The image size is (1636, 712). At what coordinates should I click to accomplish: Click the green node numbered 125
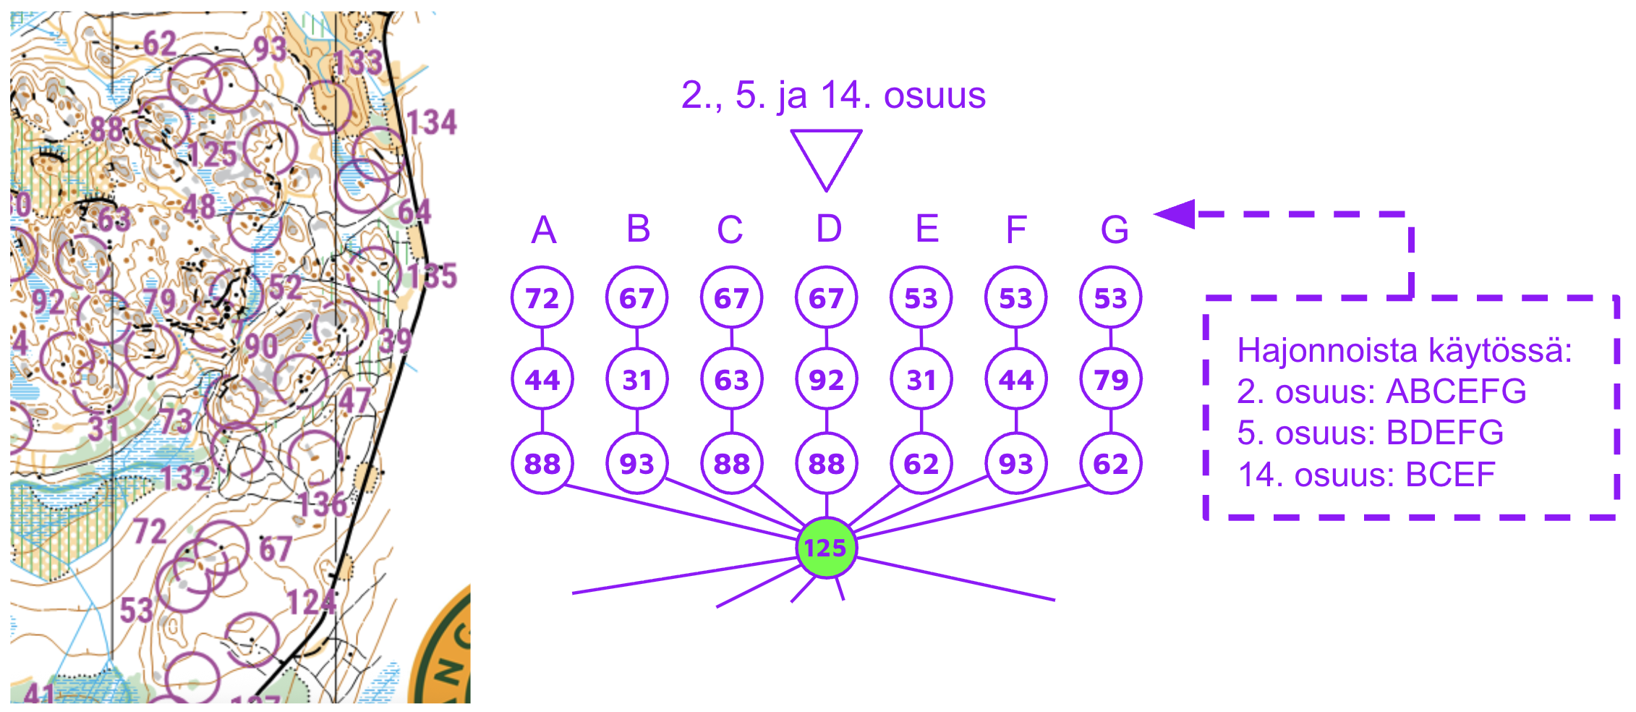click(826, 548)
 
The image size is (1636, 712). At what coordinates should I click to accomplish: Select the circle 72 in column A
click(542, 297)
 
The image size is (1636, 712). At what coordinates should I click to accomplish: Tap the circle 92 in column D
click(826, 379)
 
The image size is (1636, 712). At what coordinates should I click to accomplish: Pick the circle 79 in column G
click(1110, 379)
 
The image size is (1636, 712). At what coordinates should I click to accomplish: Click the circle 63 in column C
click(731, 379)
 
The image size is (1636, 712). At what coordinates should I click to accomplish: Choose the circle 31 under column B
click(637, 379)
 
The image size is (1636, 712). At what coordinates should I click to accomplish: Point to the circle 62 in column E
click(921, 463)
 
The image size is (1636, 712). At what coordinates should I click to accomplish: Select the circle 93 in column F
click(1015, 463)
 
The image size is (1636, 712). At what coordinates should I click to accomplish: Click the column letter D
click(829, 229)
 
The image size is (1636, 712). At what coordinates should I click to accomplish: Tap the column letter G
click(1115, 230)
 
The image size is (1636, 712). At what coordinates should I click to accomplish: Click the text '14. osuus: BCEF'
click(1366, 475)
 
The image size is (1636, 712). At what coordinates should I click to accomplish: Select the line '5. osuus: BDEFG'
click(1370, 433)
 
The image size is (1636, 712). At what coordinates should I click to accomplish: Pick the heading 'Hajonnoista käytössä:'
click(1404, 350)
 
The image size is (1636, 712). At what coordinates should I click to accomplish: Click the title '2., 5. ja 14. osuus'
click(833, 95)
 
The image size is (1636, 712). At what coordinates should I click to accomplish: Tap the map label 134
click(432, 122)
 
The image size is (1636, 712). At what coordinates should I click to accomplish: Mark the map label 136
click(323, 504)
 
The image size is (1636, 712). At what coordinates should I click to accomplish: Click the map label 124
click(312, 602)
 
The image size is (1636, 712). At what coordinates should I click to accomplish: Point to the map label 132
click(186, 478)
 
